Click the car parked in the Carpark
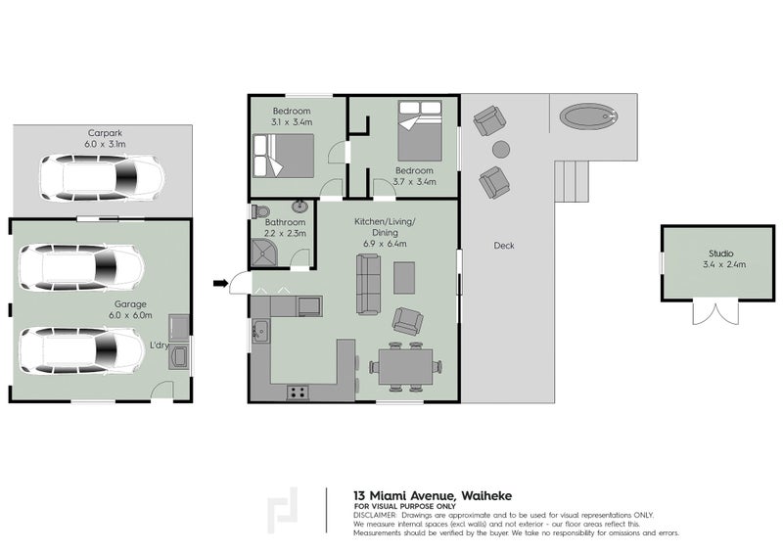(103, 178)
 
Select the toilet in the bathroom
(260, 211)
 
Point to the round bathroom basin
(299, 206)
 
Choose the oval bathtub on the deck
(589, 116)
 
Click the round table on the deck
(501, 149)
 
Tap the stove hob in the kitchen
(298, 392)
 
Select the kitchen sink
(259, 330)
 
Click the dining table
(405, 367)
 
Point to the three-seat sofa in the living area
(368, 284)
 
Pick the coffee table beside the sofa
(404, 278)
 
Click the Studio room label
(721, 253)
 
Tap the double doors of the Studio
(715, 313)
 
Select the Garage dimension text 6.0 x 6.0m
(130, 315)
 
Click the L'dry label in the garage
(160, 346)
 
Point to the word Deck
(504, 246)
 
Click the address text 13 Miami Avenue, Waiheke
(433, 496)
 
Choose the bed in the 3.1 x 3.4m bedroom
(283, 156)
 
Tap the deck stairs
(573, 181)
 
